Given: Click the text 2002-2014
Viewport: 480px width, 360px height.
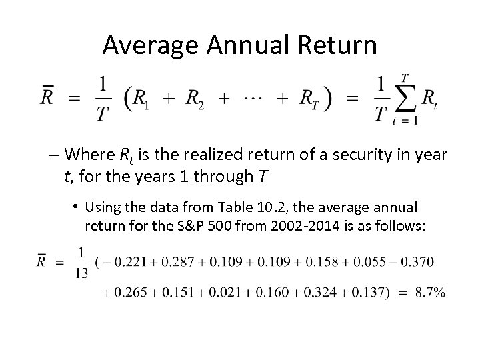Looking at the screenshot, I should point(303,227).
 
